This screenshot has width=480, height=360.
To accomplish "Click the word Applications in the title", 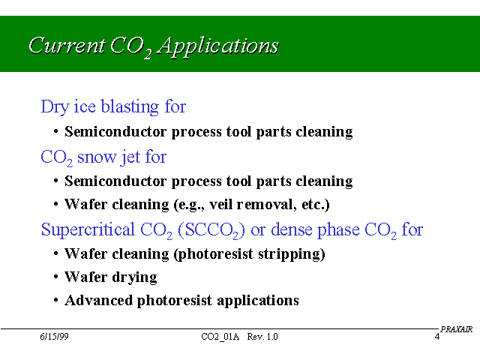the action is pos(218,46).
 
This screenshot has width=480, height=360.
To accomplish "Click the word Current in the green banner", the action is pos(67,45).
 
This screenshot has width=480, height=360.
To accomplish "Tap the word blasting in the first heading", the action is pos(130,106).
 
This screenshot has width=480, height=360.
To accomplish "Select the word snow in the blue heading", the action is pos(97,157).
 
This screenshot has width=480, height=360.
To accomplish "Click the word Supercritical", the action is pos(88,229).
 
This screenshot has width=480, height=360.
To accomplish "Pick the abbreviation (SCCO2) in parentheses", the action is pos(211,230).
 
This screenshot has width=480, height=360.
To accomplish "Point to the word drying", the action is pos(134,277).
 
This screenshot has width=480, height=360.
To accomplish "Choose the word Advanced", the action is pos(98,300).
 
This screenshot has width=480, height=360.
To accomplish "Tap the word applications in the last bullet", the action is pos(258,301).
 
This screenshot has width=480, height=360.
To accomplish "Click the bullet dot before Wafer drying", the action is pos(55,277).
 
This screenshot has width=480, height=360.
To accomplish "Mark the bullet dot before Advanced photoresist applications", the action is pos(55,300).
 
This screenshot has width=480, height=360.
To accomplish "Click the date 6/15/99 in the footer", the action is pos(54,337).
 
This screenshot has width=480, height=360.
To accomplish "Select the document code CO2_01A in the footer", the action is pos(220,337).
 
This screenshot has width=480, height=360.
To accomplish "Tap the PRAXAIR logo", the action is pos(456,329).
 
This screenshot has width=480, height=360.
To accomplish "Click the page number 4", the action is pos(437,337).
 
